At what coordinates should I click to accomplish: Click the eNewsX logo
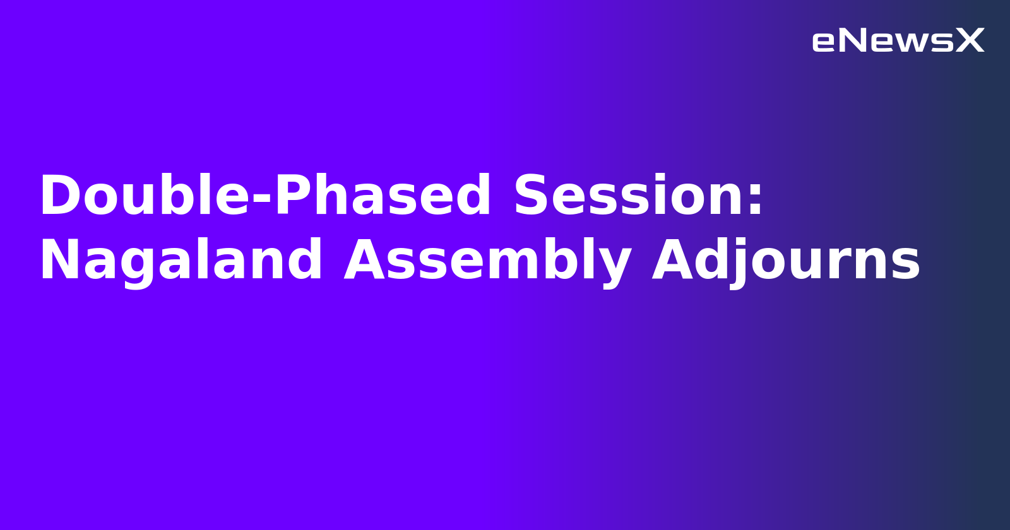pos(898,41)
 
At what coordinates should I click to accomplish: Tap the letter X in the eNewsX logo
pos(970,41)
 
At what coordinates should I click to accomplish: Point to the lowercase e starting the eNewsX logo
pos(824,42)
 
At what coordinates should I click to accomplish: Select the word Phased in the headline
pos(383,196)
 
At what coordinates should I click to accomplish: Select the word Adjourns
pos(786,261)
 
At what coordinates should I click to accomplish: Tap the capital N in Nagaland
pos(57,261)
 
